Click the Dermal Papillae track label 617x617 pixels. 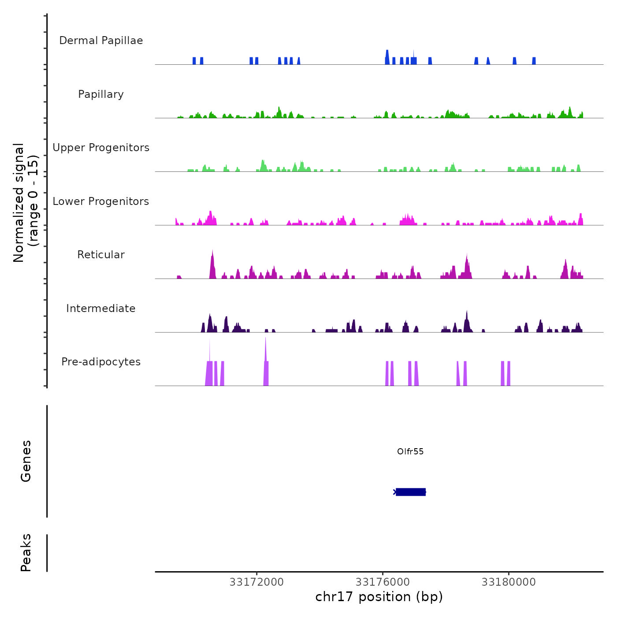tap(101, 41)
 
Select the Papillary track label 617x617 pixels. tap(101, 94)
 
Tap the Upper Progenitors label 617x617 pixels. tap(101, 148)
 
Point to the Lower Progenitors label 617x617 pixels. tap(101, 201)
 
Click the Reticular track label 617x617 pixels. tap(101, 255)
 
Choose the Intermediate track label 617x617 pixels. tap(101, 308)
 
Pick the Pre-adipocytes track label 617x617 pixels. tap(101, 362)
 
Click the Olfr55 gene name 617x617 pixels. tap(410, 451)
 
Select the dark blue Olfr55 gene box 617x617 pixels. tap(411, 492)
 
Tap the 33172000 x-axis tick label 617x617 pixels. tap(256, 582)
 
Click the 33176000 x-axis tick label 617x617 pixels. tap(383, 582)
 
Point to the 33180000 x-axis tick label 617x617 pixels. tap(509, 582)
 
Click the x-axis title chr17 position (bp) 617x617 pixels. tap(379, 597)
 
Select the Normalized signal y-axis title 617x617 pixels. tap(26, 203)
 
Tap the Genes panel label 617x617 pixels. tap(26, 461)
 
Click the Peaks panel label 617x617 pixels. tap(26, 553)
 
